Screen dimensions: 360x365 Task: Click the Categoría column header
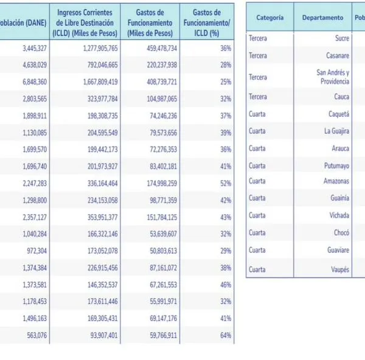tap(270, 18)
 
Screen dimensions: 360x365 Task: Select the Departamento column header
tap(322, 18)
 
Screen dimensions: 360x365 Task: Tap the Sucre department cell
tap(342, 38)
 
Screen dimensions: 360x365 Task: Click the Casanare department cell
tap(338, 55)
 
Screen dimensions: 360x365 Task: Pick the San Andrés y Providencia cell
tap(333, 77)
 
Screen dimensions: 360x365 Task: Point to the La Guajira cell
tap(336, 131)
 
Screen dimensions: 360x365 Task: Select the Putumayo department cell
tap(336, 165)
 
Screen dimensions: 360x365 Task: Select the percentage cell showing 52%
tap(209, 183)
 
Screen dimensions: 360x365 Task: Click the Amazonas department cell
tap(336, 181)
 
